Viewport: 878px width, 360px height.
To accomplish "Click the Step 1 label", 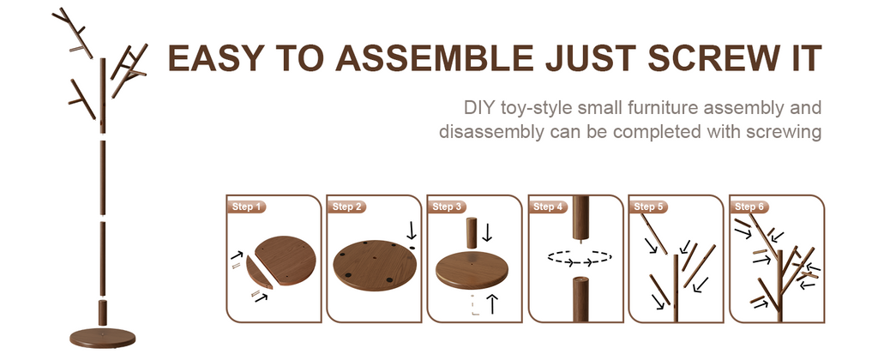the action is (x=246, y=207).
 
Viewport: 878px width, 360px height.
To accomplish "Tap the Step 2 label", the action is (x=346, y=207).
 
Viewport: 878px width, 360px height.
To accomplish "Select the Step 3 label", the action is (x=447, y=207).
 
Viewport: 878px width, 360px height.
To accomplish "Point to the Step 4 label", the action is (x=548, y=207).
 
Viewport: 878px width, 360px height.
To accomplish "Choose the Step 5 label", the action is (x=648, y=207).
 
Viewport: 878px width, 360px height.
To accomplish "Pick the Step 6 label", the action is (x=749, y=207).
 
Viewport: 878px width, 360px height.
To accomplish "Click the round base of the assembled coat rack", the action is (x=103, y=338).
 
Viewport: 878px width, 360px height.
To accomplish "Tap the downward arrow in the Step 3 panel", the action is (x=487, y=231).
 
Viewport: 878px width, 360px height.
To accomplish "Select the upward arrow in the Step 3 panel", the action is (x=492, y=303).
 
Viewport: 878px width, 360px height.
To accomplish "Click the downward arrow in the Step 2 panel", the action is (x=412, y=231).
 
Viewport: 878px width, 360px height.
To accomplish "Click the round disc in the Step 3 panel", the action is (x=472, y=270).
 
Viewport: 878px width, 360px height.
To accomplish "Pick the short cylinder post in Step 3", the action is (x=471, y=232).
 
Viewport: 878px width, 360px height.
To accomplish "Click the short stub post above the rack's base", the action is (x=103, y=312).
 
